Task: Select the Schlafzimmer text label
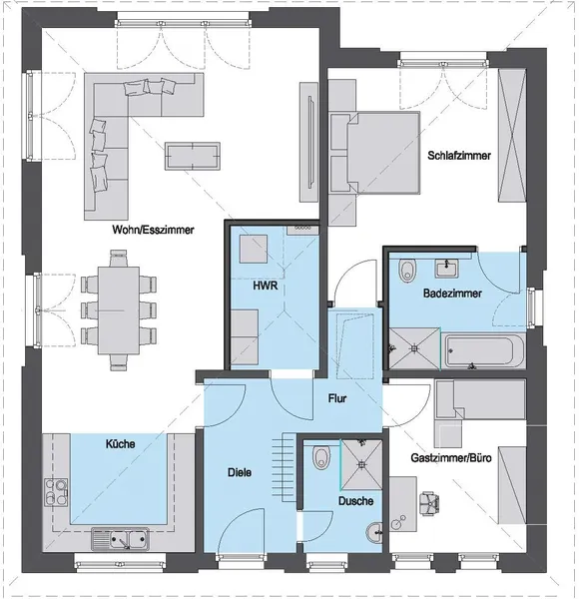point(459,156)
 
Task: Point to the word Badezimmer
point(452,295)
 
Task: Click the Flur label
point(337,398)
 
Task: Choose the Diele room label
point(239,472)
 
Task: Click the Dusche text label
point(354,501)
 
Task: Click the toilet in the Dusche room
point(319,458)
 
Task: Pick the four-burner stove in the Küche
point(56,492)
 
